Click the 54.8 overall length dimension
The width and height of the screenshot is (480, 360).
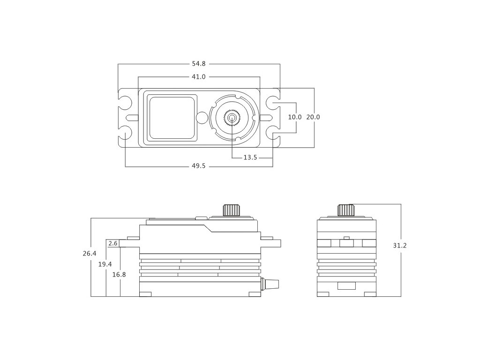point(199,63)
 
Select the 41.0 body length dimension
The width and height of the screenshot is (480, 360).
point(199,76)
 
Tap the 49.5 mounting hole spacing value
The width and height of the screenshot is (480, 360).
point(199,166)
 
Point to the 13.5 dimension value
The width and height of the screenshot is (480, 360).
point(250,157)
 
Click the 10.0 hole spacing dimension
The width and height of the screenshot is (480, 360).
point(295,117)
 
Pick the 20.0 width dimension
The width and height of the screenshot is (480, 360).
point(313,117)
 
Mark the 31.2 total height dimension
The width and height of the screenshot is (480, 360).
point(400,246)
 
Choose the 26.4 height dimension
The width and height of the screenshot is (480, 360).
point(90,254)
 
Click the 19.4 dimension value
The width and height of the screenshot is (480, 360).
point(105,264)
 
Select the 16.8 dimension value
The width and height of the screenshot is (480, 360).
point(119,275)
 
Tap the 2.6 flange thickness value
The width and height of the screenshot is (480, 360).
point(112,243)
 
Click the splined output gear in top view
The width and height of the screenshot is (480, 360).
point(232,117)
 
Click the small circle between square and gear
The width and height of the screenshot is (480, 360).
point(202,117)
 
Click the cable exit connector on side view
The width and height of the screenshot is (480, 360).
point(271,284)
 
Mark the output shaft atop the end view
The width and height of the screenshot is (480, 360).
point(346,210)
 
